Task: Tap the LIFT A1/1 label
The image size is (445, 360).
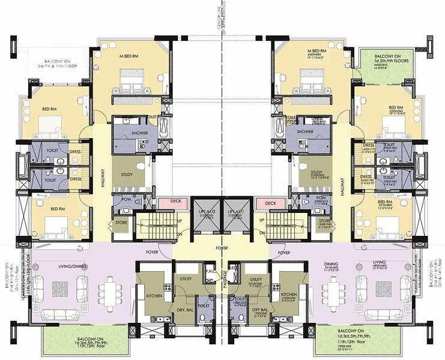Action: pyautogui.click(x=234, y=212)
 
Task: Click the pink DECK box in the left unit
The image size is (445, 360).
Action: pyautogui.click(x=176, y=202)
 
